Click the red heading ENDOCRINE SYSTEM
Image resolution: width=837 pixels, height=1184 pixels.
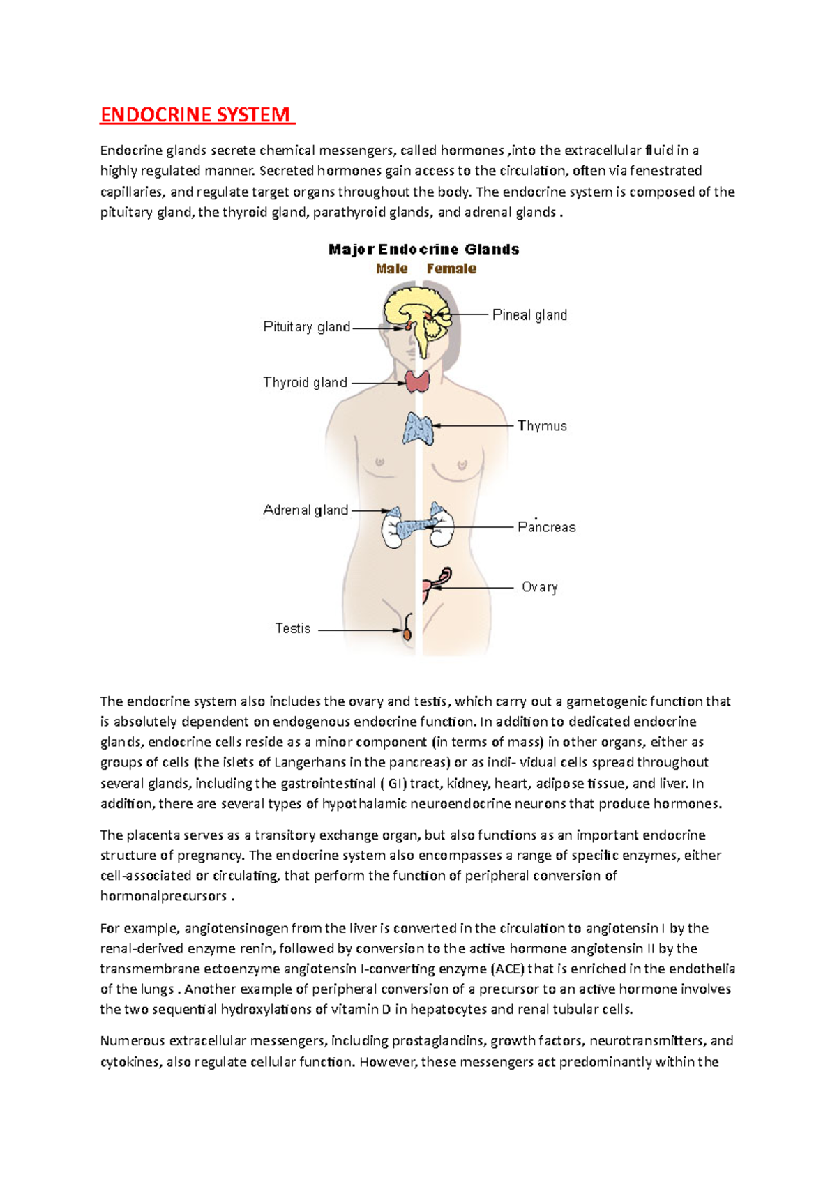[196, 114]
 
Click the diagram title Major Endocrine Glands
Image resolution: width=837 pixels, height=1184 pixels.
[423, 249]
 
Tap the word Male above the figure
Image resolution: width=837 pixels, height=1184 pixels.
[391, 268]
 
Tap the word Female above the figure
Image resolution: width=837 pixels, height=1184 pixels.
[451, 268]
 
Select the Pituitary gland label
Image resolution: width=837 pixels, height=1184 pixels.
[306, 326]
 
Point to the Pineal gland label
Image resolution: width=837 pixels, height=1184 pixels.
[529, 315]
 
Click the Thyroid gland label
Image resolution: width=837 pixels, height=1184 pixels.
[305, 382]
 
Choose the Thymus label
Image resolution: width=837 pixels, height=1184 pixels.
[542, 425]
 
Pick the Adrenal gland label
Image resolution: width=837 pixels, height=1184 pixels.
[306, 510]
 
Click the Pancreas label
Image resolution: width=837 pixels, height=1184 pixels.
[546, 527]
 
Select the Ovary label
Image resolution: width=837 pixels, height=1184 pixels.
[539, 587]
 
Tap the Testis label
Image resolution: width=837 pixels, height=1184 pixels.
[292, 628]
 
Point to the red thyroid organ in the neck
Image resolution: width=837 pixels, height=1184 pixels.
[418, 381]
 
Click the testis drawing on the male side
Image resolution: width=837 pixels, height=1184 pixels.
[407, 632]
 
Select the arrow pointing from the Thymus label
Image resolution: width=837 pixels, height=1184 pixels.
[474, 425]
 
